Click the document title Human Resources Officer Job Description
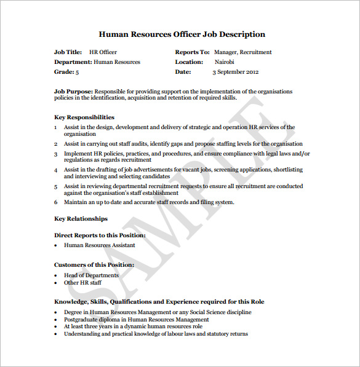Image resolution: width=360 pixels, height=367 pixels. [182, 34]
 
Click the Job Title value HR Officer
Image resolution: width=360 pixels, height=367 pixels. [103, 52]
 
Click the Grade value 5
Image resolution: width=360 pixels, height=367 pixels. [77, 72]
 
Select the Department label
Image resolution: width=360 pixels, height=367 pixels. [73, 62]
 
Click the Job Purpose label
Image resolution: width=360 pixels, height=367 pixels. [74, 92]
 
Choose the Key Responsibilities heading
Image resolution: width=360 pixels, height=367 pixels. [84, 117]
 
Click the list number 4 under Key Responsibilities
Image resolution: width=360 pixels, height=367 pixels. [55, 170]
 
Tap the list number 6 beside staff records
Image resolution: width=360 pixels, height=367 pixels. [55, 202]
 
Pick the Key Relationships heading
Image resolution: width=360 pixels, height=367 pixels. [81, 218]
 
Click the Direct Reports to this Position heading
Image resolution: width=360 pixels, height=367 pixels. [100, 235]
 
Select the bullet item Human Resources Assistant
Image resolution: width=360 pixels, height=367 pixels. [99, 245]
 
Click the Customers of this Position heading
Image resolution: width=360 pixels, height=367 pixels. [94, 264]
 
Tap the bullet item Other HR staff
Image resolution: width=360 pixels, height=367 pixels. [82, 283]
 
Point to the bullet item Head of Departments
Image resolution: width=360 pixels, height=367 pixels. [91, 275]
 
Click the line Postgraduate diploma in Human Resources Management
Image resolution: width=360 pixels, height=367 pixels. [136, 320]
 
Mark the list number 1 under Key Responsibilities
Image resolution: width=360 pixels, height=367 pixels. [55, 127]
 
